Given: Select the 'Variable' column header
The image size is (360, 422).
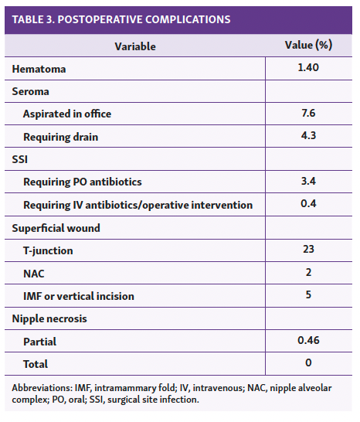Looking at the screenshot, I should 135,46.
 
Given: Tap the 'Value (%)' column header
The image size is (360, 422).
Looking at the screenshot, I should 308,46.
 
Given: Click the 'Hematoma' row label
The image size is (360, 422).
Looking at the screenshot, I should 39,69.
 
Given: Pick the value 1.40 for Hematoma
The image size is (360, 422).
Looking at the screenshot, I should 308,69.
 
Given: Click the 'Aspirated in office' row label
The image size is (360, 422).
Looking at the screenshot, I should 67,114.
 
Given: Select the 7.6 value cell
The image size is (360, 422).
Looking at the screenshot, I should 308,114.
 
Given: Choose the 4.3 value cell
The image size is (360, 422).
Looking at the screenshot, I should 308,136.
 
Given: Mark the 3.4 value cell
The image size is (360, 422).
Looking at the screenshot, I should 308,182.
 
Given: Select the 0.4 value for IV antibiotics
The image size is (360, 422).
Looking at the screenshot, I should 308,204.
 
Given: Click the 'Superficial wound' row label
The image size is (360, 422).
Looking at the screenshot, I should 57,227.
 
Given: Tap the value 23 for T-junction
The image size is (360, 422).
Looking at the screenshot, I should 308,250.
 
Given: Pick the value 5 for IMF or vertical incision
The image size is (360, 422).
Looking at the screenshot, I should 308,295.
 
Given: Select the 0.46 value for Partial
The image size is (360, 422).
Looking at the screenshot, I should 308,340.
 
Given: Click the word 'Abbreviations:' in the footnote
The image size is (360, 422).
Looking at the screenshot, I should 42,387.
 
